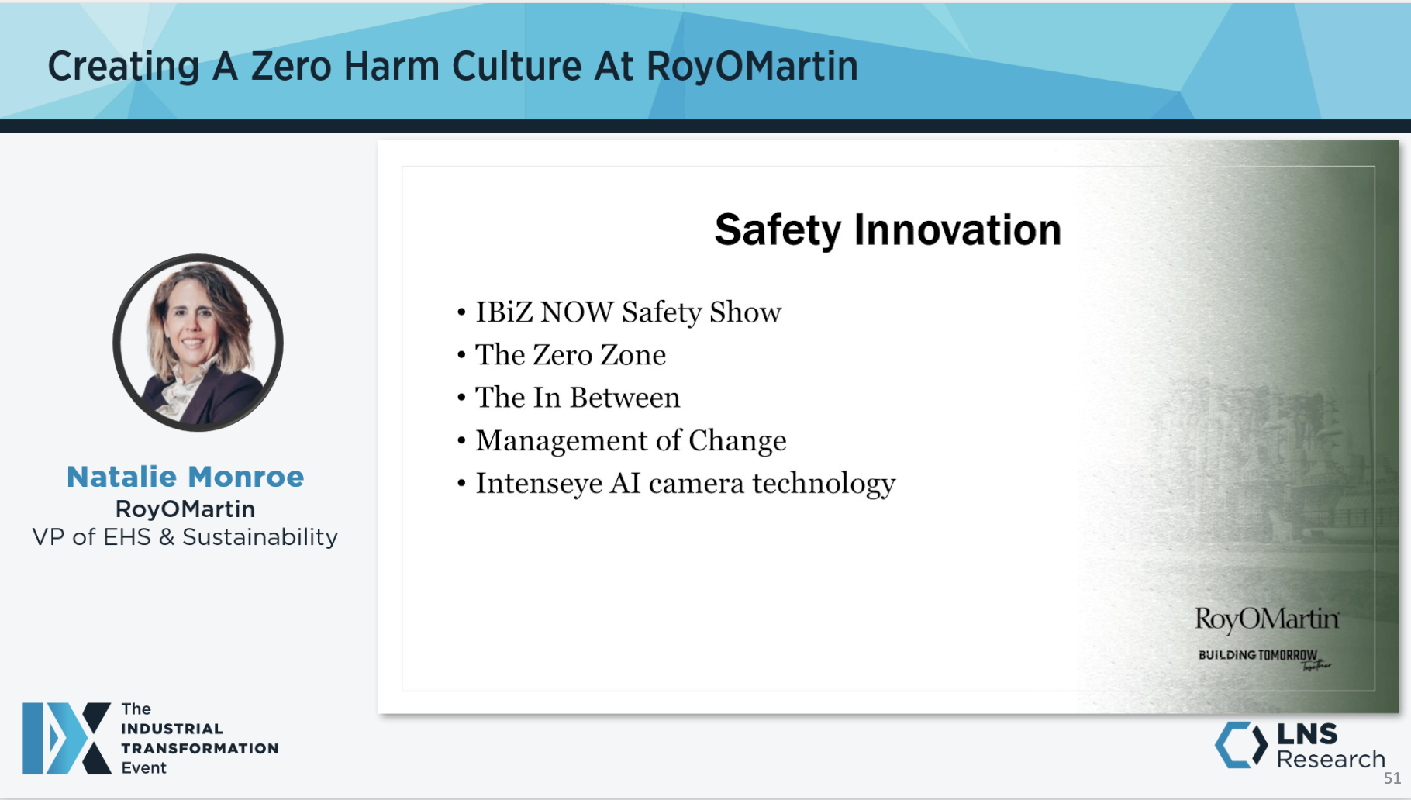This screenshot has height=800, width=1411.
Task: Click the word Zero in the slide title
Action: [291, 67]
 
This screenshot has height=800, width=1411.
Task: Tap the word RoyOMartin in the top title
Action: [752, 67]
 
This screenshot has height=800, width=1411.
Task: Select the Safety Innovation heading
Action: [888, 230]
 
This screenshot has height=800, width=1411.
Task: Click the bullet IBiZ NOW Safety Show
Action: [628, 312]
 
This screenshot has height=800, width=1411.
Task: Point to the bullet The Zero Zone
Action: [570, 355]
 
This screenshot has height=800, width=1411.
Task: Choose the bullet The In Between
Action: [578, 398]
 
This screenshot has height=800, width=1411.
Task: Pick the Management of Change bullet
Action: [630, 440]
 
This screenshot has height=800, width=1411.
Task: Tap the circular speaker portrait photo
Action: [198, 343]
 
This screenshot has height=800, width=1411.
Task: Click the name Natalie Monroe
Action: [185, 477]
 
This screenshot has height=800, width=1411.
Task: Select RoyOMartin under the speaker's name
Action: [185, 509]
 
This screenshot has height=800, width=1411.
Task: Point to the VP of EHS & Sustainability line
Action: [185, 537]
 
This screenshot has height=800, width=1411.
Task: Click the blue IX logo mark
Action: [67, 738]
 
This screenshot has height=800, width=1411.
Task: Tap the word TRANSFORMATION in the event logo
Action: [199, 749]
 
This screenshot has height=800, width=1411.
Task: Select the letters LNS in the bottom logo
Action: [1307, 733]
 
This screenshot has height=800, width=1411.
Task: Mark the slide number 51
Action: [1392, 778]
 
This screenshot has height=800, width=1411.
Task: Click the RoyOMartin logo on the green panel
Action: [1267, 619]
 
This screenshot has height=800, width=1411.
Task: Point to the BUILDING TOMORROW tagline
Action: [1257, 656]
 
